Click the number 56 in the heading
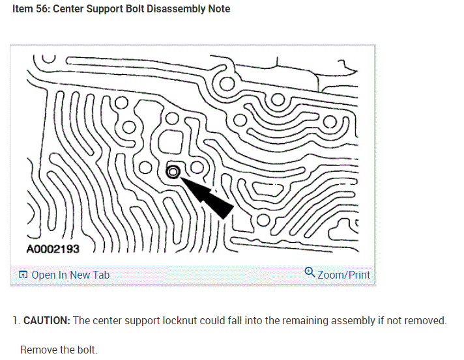pyautogui.click(x=44, y=9)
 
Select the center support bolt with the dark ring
pyautogui.click(x=173, y=172)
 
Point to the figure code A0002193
pyautogui.click(x=57, y=249)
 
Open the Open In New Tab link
pyautogui.click(x=70, y=275)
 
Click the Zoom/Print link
pyautogui.click(x=343, y=275)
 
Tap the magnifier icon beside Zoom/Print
pyautogui.click(x=310, y=273)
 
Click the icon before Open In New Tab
pyautogui.click(x=23, y=275)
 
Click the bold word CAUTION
pyautogui.click(x=47, y=320)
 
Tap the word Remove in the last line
pyautogui.click(x=37, y=350)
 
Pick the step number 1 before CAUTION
pyautogui.click(x=15, y=320)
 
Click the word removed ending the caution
pyautogui.click(x=428, y=320)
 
